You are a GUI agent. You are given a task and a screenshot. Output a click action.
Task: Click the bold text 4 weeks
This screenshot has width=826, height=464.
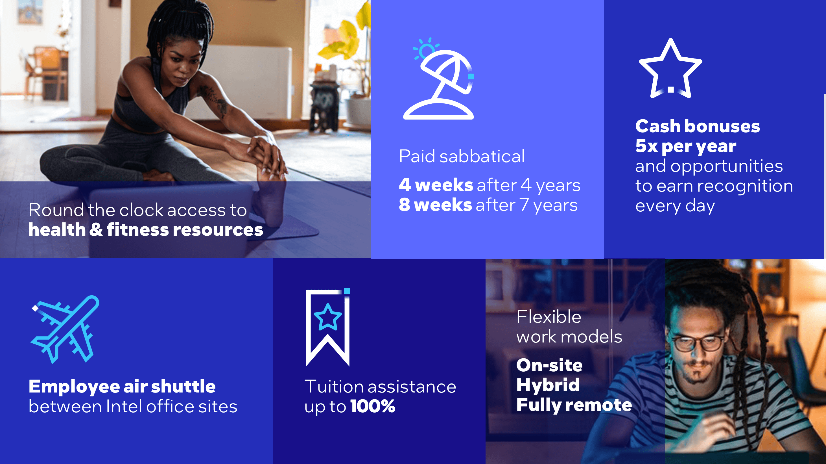pos(436,185)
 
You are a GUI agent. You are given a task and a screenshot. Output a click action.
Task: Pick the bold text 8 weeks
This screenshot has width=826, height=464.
pos(435,205)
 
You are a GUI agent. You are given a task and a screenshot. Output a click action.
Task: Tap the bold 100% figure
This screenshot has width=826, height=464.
pos(373,406)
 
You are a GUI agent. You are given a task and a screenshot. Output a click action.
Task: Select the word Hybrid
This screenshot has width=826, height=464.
pos(548,385)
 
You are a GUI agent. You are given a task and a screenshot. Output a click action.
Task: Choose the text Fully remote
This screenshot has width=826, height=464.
pos(574,405)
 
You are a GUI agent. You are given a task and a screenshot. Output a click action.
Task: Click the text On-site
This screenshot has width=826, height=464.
pos(549,365)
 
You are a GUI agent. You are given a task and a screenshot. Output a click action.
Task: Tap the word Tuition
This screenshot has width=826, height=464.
pos(333,386)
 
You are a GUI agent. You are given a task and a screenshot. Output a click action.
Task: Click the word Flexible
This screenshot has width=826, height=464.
pos(549,317)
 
